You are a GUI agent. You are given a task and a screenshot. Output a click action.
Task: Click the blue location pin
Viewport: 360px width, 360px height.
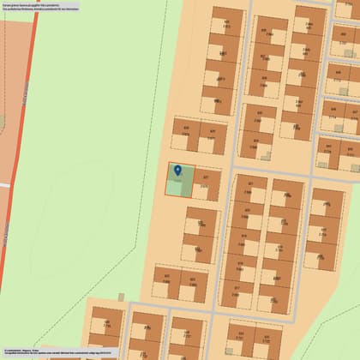178,171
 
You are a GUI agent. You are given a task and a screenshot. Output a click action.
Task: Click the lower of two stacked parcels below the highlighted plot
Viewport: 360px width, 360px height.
202,249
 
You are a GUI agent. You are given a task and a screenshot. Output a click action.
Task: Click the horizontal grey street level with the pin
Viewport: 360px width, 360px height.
266,171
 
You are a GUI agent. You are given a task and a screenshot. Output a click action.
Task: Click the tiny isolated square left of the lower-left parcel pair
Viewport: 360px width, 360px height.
122,297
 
